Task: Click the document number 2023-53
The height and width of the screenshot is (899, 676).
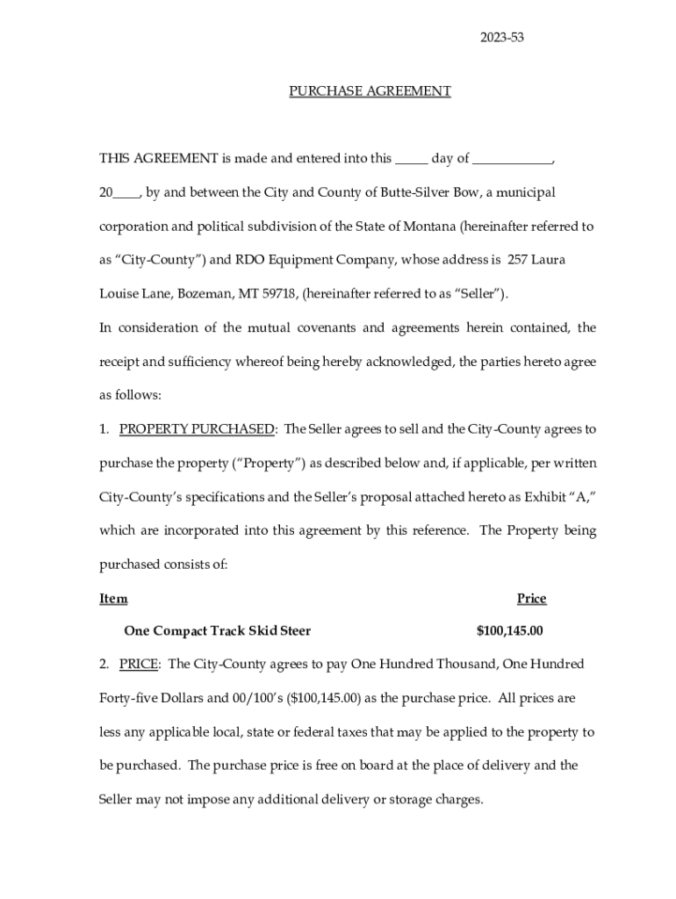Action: pos(502,37)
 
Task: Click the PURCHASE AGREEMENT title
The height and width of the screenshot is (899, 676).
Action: pos(370,90)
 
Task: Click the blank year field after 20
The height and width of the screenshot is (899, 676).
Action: pos(126,192)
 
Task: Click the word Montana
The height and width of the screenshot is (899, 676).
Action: pos(429,227)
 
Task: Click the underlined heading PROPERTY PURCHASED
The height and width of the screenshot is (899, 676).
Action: pos(196,429)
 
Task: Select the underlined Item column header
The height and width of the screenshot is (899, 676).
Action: pos(113,599)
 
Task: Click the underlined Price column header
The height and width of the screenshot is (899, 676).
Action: pos(531,599)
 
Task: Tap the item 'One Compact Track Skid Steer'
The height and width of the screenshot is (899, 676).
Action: pos(218,631)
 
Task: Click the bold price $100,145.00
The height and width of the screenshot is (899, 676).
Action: pos(509,631)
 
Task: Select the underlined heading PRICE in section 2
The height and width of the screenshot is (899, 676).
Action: pos(139,665)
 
